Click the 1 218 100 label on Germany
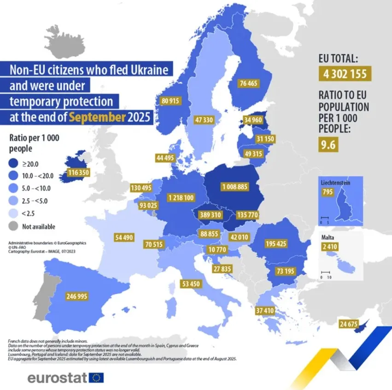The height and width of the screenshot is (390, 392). [x=181, y=198]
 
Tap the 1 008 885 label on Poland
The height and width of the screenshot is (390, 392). [x=234, y=187]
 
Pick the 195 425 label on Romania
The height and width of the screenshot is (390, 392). [x=276, y=244]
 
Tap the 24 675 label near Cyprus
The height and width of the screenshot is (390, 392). [x=348, y=325]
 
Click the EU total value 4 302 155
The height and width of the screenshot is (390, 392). [x=344, y=74]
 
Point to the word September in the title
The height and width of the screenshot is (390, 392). [x=97, y=117]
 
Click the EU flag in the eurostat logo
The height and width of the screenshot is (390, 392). [x=97, y=378]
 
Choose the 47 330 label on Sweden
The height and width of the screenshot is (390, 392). [x=204, y=120]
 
